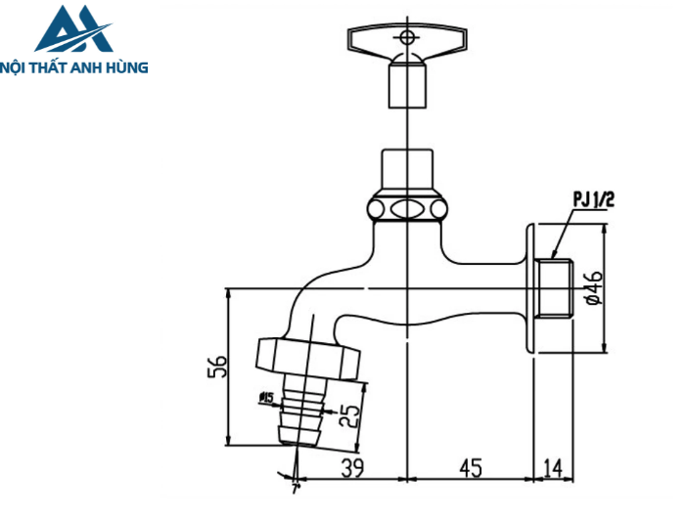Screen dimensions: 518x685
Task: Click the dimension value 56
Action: click(x=220, y=367)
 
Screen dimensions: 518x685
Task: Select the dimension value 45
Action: click(x=471, y=469)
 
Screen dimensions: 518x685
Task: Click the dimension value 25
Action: click(x=349, y=415)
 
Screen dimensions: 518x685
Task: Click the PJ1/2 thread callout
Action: click(x=593, y=200)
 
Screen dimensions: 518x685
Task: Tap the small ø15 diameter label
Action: click(x=265, y=397)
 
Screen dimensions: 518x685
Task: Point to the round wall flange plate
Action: click(x=529, y=289)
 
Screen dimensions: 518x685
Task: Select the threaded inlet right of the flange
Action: click(x=553, y=289)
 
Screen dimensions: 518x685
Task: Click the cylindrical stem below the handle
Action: click(x=405, y=86)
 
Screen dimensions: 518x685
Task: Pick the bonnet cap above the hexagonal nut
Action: click(x=406, y=172)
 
